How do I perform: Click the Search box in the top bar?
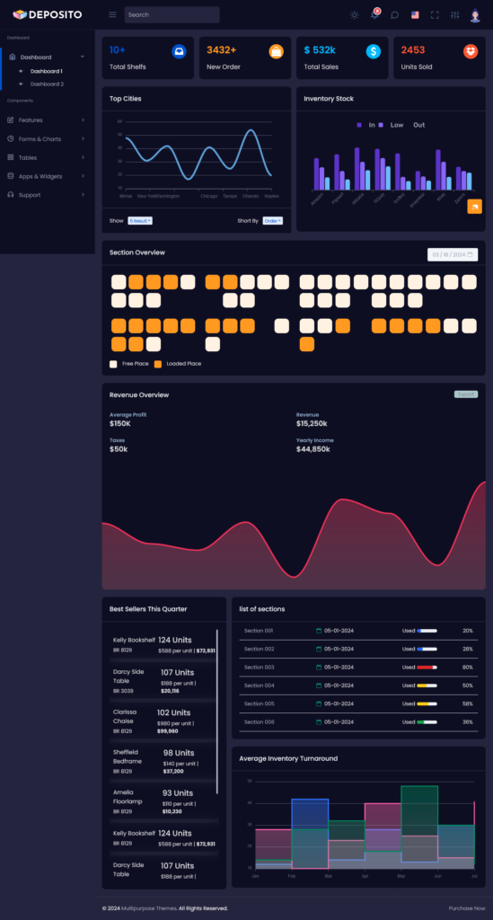[x=172, y=14]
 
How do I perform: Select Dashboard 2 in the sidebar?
[x=47, y=84]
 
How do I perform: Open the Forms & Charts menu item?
[x=40, y=138]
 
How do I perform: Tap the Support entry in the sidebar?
[x=30, y=195]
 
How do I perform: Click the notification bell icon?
[x=374, y=14]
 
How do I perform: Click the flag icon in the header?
[x=415, y=14]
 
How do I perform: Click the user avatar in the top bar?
[x=474, y=14]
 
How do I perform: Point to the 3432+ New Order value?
[x=221, y=50]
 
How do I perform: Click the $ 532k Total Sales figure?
[x=320, y=50]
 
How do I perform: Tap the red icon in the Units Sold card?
[x=471, y=52]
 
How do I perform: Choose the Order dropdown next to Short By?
[x=273, y=220]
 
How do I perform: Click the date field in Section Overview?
[x=453, y=254]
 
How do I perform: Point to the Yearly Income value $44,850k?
[x=313, y=448]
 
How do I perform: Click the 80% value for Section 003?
[x=467, y=668]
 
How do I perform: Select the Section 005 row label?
[x=260, y=703]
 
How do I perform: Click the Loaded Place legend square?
[x=158, y=364]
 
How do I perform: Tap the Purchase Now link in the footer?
[x=467, y=908]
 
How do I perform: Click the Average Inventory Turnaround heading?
[x=288, y=758]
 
